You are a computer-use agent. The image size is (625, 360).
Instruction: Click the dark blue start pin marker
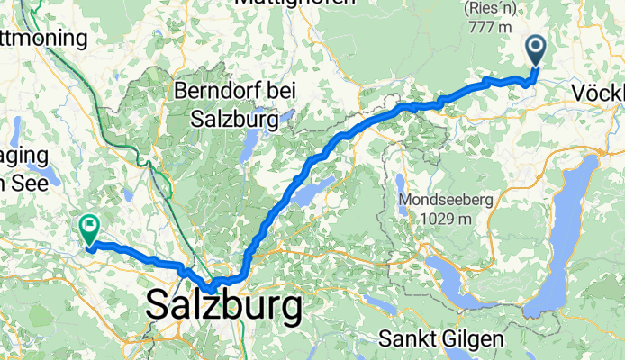[535, 50]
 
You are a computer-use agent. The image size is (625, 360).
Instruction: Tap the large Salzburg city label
[224, 309]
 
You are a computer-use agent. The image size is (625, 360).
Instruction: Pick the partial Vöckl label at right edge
[598, 93]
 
